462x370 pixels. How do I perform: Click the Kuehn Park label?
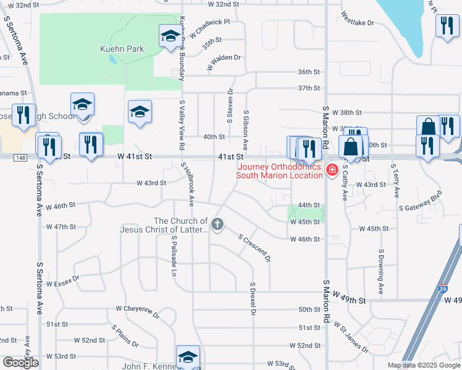pos(122,49)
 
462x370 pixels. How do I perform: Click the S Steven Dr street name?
pos(229,105)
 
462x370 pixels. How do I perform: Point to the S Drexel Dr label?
pos(253,299)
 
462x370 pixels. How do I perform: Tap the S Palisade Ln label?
pos(174,257)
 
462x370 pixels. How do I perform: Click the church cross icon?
pos(217,224)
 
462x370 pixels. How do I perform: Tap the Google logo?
pos(20,363)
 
